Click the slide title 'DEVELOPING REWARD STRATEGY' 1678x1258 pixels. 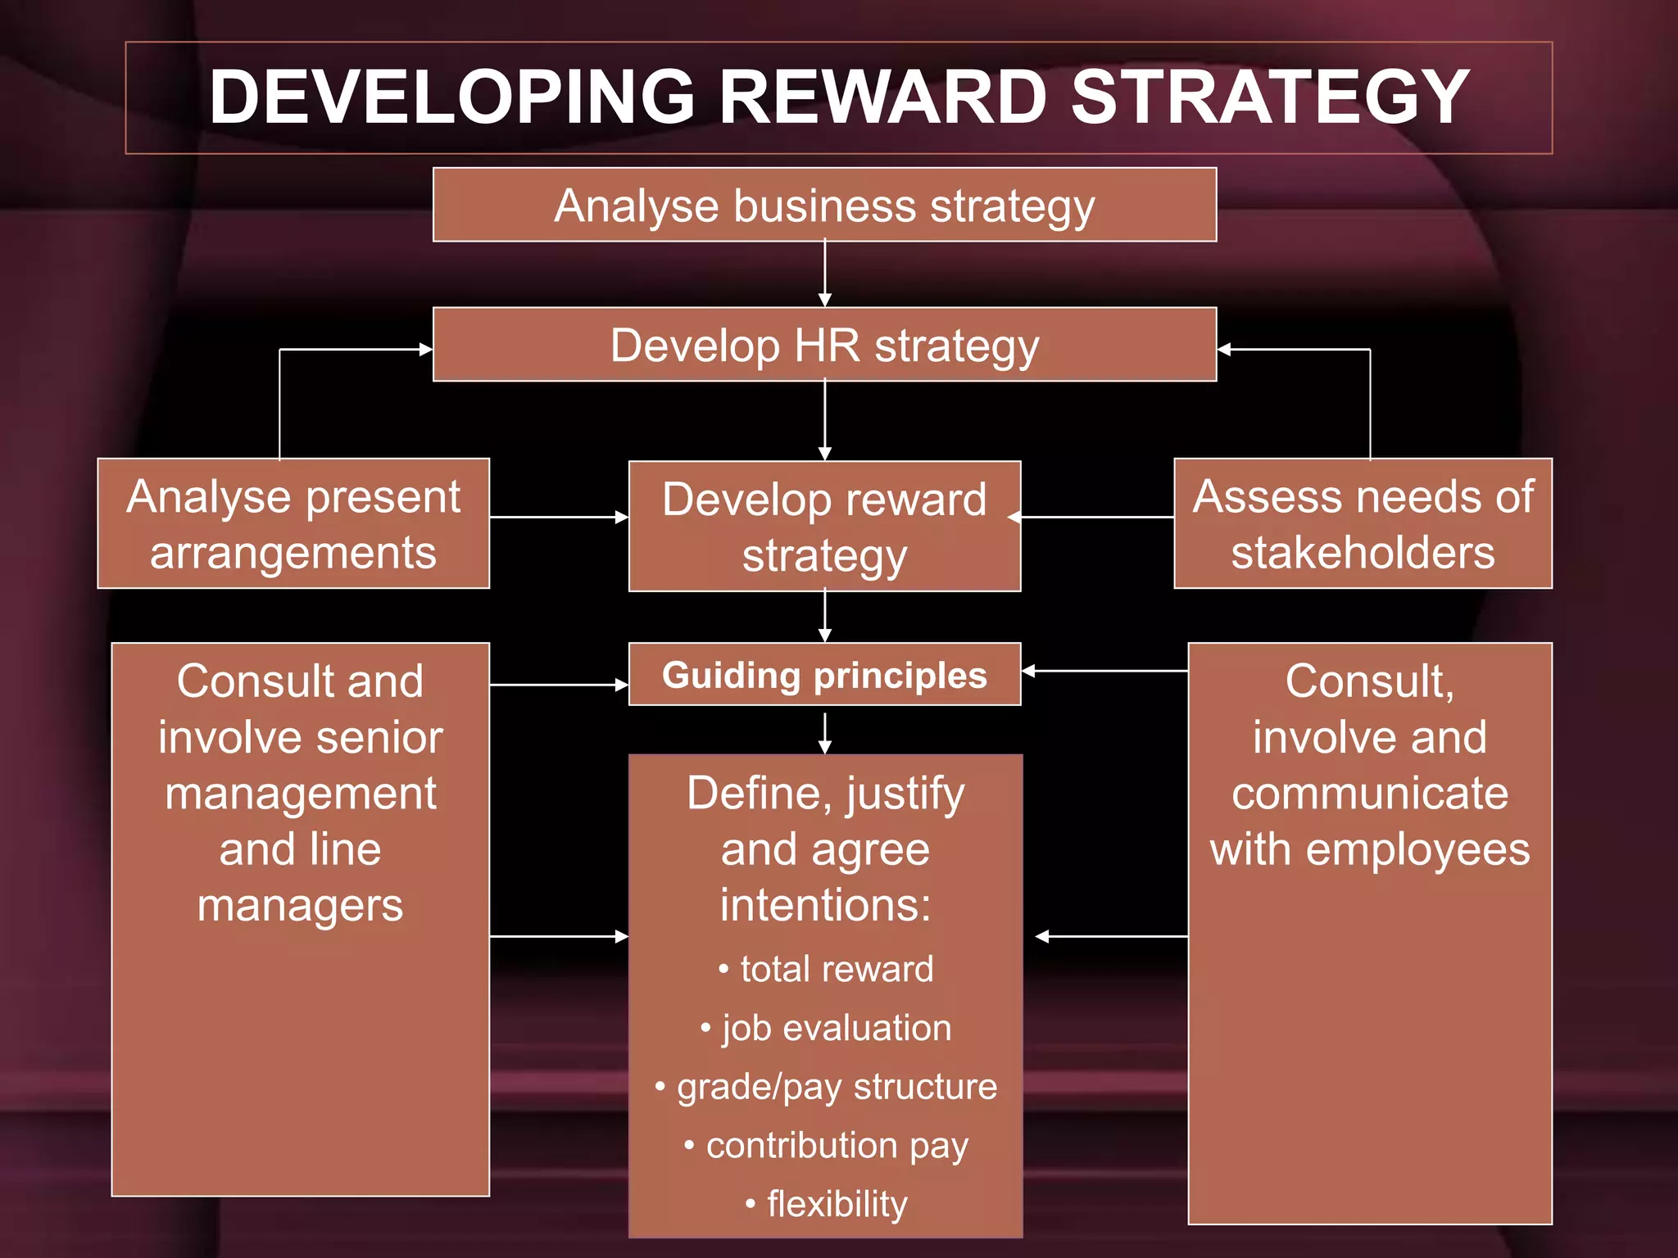tap(838, 97)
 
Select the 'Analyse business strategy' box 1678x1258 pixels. tap(824, 205)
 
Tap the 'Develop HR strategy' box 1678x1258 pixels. tap(824, 345)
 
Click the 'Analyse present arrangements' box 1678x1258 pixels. tap(293, 524)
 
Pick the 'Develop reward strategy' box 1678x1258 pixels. tap(824, 527)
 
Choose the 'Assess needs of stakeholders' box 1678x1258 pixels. tap(1363, 524)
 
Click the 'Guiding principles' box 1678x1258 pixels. tap(824, 675)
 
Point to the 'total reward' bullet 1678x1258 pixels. tap(836, 969)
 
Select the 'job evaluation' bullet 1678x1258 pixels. tap(836, 1028)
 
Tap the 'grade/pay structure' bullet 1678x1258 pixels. tap(836, 1087)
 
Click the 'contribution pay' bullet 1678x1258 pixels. tap(836, 1145)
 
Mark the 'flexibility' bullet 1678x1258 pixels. tap(836, 1204)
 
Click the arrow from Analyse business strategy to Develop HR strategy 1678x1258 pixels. tap(825, 274)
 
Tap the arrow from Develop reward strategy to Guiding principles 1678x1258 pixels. tap(825, 617)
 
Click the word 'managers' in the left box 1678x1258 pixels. tap(300, 906)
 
